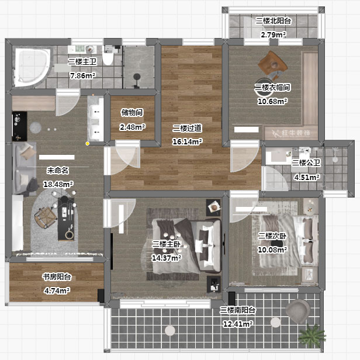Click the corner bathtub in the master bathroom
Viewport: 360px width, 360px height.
(x=32, y=67)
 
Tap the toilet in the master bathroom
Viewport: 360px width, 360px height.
(x=108, y=56)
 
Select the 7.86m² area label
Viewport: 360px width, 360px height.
(x=82, y=75)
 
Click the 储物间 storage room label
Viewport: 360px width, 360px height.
(x=132, y=112)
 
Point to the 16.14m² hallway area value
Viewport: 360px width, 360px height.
(x=187, y=141)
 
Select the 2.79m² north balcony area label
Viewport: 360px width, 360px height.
(x=274, y=35)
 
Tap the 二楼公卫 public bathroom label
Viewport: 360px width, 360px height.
(x=306, y=163)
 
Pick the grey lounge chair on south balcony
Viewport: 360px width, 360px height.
(x=298, y=311)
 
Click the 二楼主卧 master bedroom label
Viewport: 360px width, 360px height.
(x=166, y=244)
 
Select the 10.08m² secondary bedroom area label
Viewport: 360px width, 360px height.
(x=272, y=250)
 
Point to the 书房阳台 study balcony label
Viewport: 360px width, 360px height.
(x=57, y=277)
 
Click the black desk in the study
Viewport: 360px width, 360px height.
(x=65, y=219)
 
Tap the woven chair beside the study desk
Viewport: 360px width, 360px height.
(x=46, y=217)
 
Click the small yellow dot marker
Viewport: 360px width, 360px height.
(x=88, y=144)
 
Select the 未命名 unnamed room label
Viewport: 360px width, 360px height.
(x=58, y=171)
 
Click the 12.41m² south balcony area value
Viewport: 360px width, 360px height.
(x=238, y=324)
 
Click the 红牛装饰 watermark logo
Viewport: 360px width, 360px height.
(x=291, y=133)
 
